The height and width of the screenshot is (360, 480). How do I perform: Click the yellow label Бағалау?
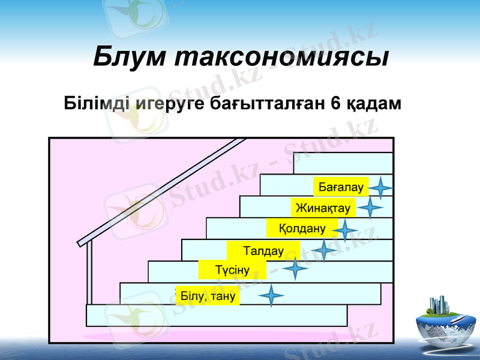(x=341, y=187)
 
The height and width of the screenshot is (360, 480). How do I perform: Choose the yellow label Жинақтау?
(x=323, y=208)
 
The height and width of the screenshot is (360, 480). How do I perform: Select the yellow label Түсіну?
(x=232, y=271)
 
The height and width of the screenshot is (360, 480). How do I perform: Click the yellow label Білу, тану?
(x=207, y=296)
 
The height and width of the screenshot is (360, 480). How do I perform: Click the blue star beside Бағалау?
(x=380, y=188)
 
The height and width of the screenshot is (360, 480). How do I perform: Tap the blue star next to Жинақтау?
(x=371, y=208)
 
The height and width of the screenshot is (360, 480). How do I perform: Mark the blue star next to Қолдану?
(x=345, y=230)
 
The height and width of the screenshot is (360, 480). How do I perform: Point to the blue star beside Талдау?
(x=324, y=250)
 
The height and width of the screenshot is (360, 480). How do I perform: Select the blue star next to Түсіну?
(x=295, y=269)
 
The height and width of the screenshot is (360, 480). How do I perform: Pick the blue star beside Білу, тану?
(x=271, y=296)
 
